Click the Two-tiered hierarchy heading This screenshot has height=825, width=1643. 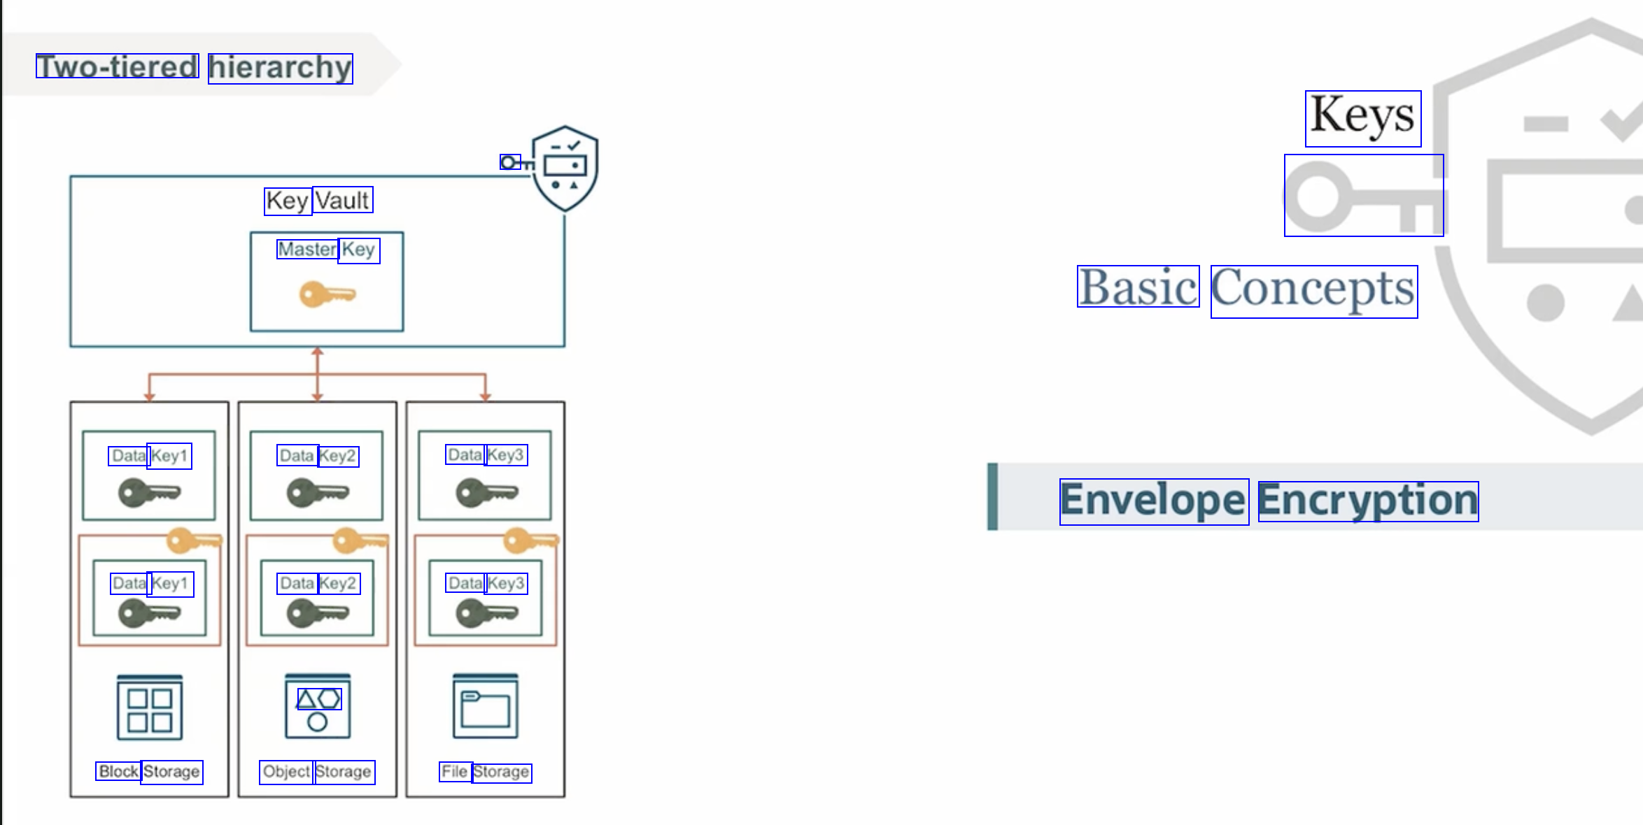[194, 67]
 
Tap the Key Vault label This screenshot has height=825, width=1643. [318, 201]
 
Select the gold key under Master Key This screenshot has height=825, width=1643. [327, 294]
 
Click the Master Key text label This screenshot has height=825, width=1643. [327, 249]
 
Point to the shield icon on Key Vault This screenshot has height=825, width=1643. [565, 168]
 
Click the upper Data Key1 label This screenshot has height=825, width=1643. [150, 456]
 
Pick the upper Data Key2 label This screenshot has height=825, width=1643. [318, 456]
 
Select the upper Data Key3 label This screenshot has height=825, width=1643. [486, 455]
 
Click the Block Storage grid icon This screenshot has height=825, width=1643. [150, 708]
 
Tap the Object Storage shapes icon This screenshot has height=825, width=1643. [318, 707]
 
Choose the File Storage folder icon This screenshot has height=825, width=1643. [486, 707]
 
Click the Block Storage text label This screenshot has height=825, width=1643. [149, 772]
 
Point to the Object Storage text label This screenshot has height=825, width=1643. [317, 772]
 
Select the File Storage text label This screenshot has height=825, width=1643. [486, 772]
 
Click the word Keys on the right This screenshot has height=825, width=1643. [1362, 117]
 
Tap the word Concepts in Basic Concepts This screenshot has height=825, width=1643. [1313, 290]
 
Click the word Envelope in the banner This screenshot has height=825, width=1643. [1153, 501]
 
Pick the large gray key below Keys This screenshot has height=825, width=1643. [1362, 197]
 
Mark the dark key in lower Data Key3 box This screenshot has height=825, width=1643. [486, 613]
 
